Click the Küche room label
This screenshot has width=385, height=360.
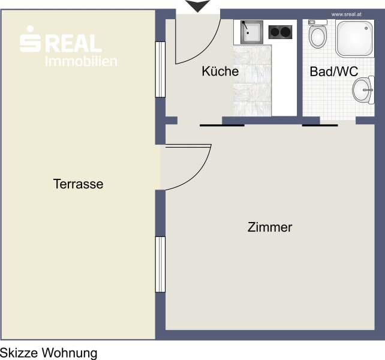pos(220,71)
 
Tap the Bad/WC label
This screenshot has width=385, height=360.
pos(333,71)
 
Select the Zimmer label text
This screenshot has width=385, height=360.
pos(270,227)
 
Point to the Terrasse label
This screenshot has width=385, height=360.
pos(78,184)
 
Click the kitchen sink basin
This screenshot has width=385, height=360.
pos(252,32)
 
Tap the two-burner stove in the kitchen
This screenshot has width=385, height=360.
pos(280,32)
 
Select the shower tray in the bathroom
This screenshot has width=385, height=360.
pos(355,39)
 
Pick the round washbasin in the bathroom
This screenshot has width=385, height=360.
pos(363,89)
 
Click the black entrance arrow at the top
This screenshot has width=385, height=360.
pos(198,5)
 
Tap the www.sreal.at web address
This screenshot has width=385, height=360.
pos(346,14)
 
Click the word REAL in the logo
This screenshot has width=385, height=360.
pos(73,43)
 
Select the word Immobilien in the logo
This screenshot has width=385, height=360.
pos(81,61)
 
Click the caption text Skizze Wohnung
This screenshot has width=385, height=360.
pos(49,353)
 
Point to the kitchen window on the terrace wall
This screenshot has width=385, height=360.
pos(160,70)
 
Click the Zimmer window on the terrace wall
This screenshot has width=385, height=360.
pos(160,265)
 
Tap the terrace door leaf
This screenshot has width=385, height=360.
pos(188,146)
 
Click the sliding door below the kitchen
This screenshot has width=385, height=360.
pos(222,125)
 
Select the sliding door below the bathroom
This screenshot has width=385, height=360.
pos(320,125)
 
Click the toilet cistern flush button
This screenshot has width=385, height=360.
pos(311,22)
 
